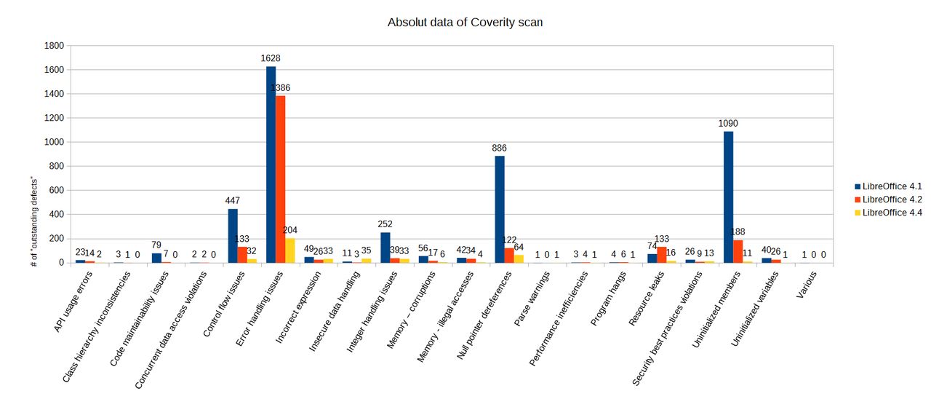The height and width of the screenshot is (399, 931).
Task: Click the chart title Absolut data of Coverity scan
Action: pyautogui.click(x=465, y=23)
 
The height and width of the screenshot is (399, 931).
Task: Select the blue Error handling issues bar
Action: pyautogui.click(x=271, y=165)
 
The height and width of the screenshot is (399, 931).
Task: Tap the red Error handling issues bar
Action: pyautogui.click(x=281, y=179)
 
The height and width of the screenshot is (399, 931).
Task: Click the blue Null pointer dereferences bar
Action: pyautogui.click(x=500, y=209)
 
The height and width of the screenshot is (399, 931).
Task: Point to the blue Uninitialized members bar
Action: pyautogui.click(x=728, y=197)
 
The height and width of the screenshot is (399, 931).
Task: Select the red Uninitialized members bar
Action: pyautogui.click(x=738, y=251)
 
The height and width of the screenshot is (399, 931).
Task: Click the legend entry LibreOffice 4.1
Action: pyautogui.click(x=888, y=186)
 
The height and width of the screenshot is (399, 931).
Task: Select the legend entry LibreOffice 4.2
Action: pyautogui.click(x=888, y=199)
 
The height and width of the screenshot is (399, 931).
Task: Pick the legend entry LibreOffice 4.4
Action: pyautogui.click(x=888, y=212)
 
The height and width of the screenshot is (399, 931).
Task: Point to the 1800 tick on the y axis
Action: pyautogui.click(x=55, y=46)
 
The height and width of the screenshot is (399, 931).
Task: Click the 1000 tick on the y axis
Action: pyautogui.click(x=55, y=142)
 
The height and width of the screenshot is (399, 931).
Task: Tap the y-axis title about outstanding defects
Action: pyautogui.click(x=34, y=221)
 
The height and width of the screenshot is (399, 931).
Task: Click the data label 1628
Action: pyautogui.click(x=271, y=58)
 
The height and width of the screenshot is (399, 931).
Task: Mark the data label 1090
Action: pyautogui.click(x=728, y=123)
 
